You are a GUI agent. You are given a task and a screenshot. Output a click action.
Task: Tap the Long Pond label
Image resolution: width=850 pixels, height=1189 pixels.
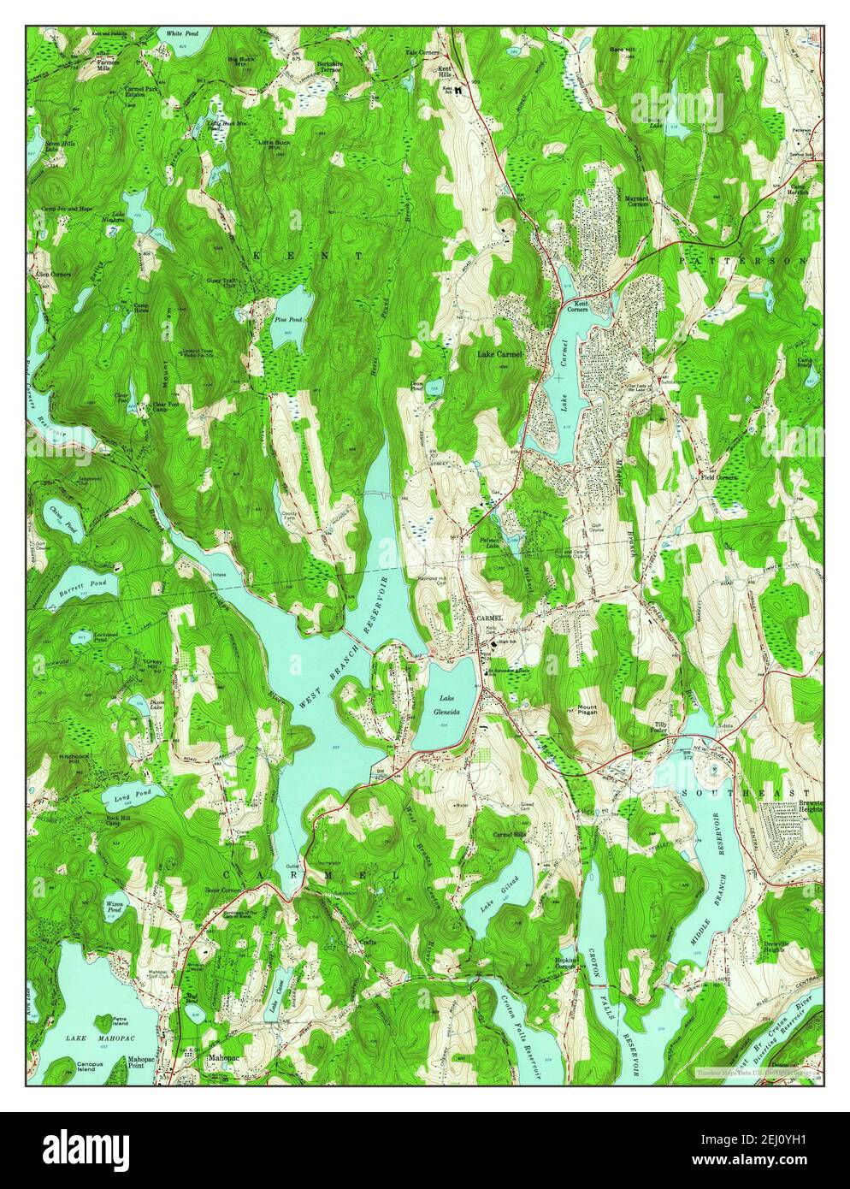[x=127, y=799]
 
